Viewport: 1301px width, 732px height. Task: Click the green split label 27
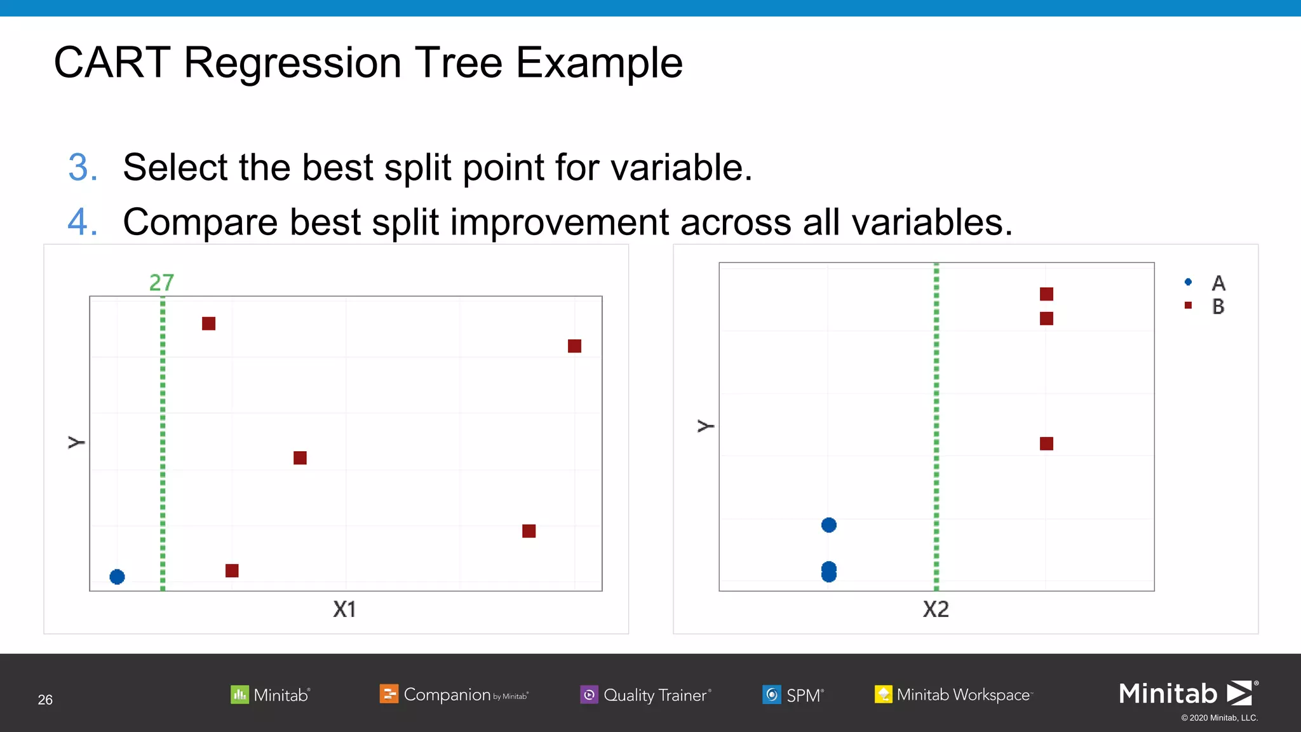click(161, 283)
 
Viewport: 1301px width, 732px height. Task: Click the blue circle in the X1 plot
click(117, 577)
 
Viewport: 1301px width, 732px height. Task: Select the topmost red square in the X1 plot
click(208, 323)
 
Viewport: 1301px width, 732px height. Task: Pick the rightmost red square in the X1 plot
click(574, 346)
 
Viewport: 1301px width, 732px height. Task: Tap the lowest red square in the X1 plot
click(232, 571)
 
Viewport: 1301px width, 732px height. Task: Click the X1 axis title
click(344, 609)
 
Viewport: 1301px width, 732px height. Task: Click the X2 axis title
click(936, 609)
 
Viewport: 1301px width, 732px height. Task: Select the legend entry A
click(1217, 283)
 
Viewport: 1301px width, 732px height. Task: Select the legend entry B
click(1217, 307)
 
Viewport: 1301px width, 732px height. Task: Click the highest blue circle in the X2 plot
click(828, 525)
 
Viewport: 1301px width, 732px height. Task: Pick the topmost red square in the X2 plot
click(1046, 294)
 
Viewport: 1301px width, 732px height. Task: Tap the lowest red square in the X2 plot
click(1046, 444)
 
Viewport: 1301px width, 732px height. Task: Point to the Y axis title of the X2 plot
click(706, 426)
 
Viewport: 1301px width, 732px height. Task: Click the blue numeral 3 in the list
click(83, 168)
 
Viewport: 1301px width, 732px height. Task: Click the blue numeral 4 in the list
click(83, 222)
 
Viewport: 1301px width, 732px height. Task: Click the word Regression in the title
click(292, 63)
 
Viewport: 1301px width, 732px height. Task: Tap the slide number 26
click(45, 700)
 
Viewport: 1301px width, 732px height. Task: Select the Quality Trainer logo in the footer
click(645, 695)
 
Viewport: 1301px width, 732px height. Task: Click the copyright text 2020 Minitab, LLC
click(1220, 718)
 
